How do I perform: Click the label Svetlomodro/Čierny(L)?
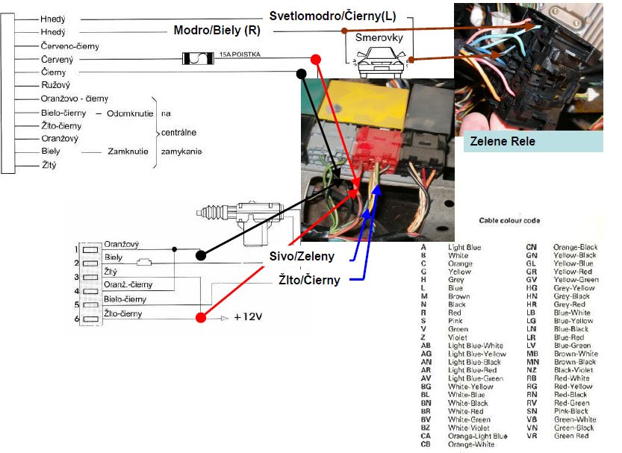tap(332, 16)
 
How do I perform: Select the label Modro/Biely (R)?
tap(217, 31)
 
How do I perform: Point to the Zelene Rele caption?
tap(503, 141)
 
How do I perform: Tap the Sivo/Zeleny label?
tap(301, 257)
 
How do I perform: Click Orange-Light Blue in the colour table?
tap(477, 436)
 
